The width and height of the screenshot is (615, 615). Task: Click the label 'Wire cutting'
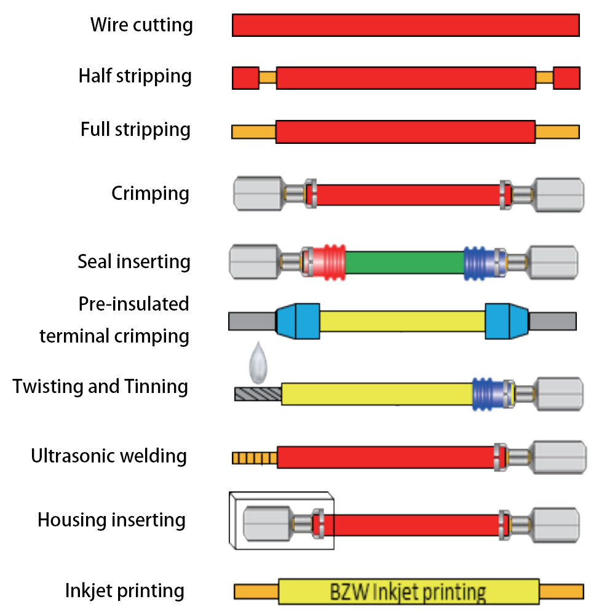point(141,25)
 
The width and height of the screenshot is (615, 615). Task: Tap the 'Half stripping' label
point(135,76)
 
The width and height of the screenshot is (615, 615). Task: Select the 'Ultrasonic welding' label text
point(109,456)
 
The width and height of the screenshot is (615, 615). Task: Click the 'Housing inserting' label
point(111,520)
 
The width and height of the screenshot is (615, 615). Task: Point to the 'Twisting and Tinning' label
point(100,387)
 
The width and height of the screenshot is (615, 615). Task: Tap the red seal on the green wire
point(327,262)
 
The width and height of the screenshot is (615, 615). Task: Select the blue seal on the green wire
point(477,262)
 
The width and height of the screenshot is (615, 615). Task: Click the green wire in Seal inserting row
point(404,262)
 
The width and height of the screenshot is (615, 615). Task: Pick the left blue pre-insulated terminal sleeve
point(298,321)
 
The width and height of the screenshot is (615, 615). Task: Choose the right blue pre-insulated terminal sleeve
point(506,321)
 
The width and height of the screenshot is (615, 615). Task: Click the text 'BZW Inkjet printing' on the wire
point(408,592)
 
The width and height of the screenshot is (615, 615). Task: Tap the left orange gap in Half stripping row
point(268,78)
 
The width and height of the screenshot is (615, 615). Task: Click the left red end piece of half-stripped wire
point(245,78)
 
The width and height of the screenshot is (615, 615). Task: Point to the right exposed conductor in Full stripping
point(557,132)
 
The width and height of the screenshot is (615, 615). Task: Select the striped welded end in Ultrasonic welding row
point(255,458)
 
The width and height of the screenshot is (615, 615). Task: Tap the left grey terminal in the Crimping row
point(259,194)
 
